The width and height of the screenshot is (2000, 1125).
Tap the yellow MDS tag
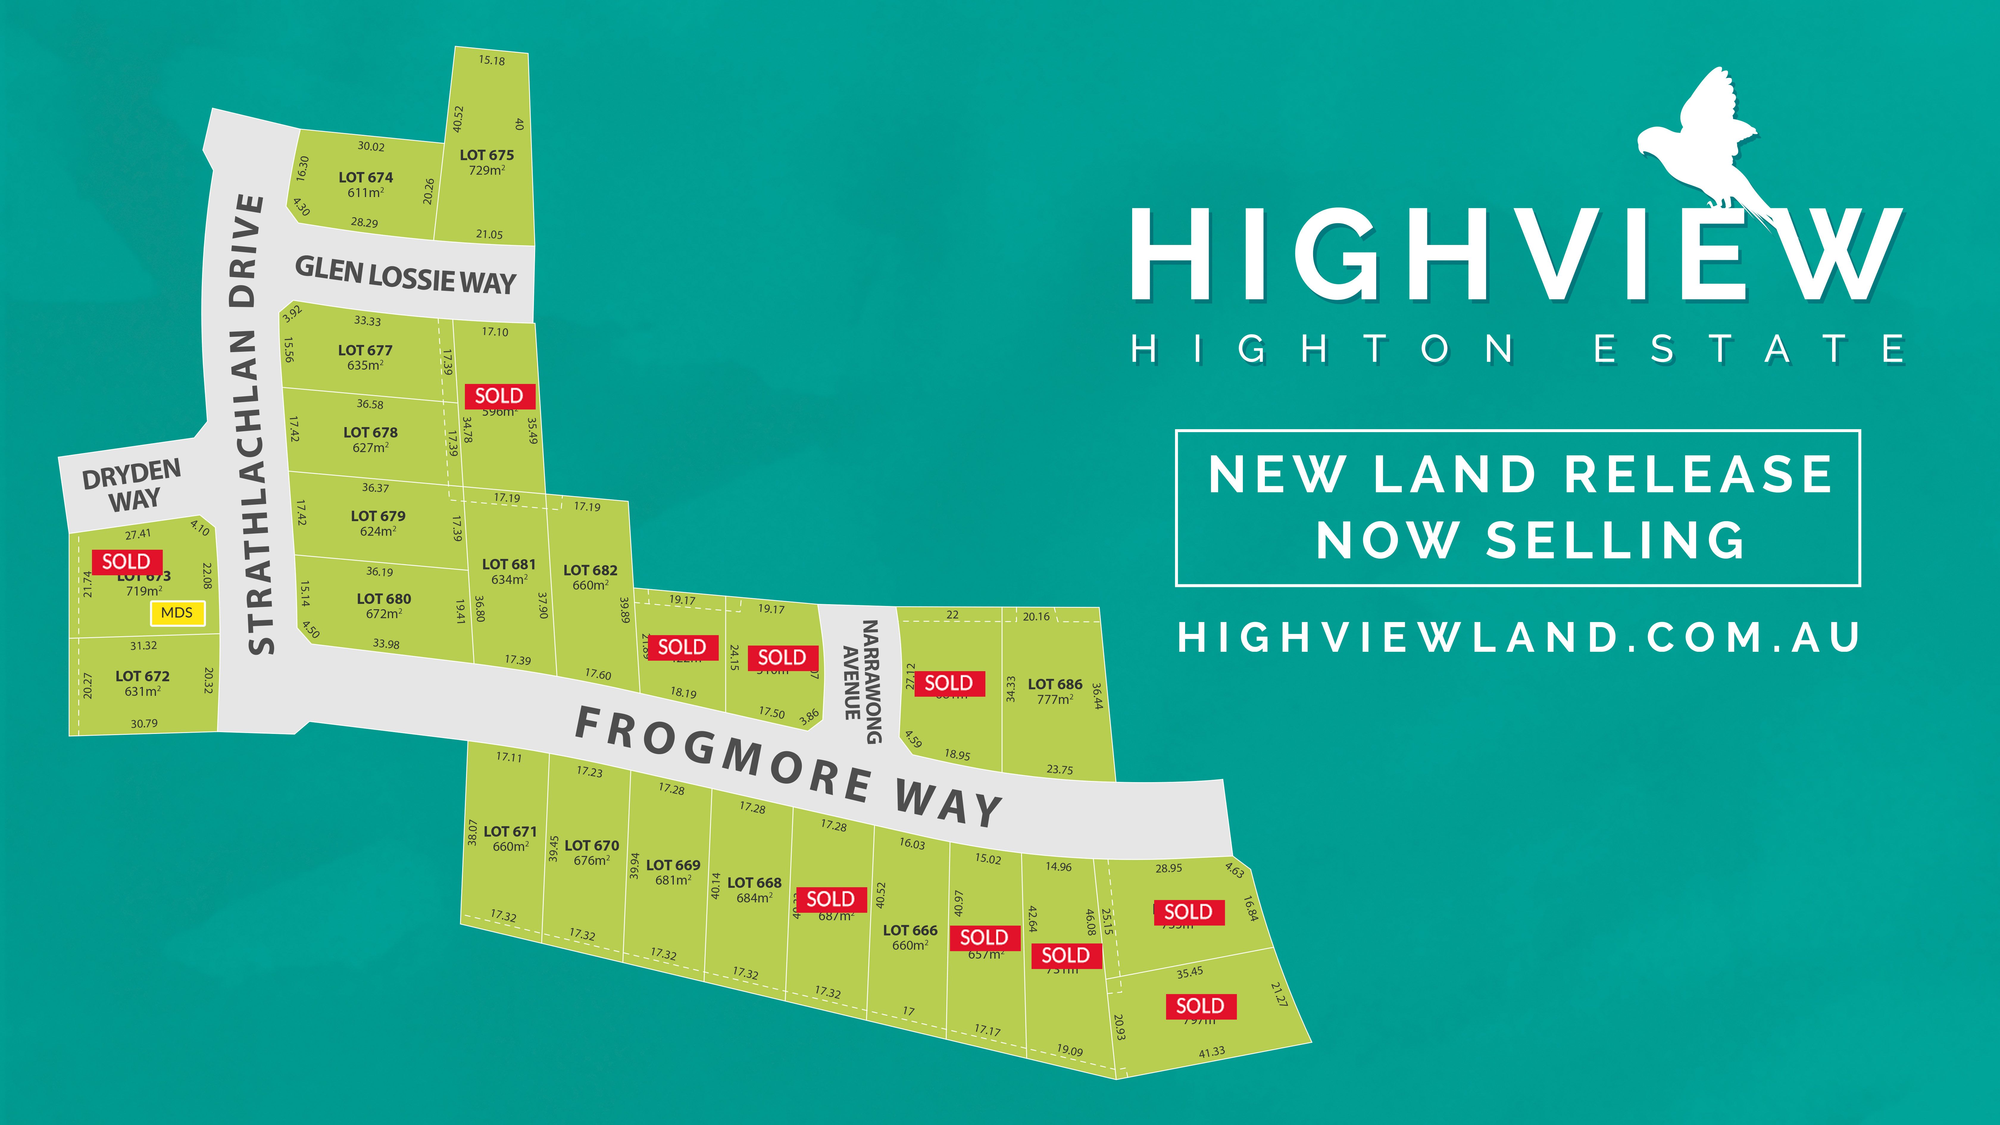(x=177, y=612)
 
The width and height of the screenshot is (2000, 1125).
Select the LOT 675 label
(x=487, y=155)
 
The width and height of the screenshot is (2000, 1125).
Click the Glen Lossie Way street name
(x=405, y=276)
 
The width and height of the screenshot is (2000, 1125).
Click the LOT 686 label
(x=1054, y=684)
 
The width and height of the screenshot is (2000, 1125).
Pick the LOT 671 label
(x=510, y=832)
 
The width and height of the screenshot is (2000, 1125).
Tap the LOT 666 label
(x=910, y=930)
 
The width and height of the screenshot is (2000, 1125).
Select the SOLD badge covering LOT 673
(x=126, y=561)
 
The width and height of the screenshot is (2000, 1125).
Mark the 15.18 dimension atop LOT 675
(x=491, y=60)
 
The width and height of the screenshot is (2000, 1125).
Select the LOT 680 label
(x=384, y=599)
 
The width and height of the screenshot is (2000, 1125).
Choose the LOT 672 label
(x=142, y=676)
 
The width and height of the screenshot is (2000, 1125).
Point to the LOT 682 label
(x=590, y=570)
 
